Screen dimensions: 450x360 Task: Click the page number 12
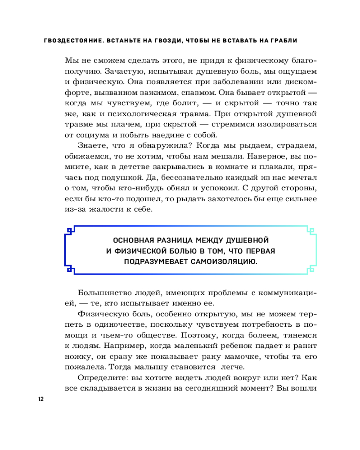(41, 399)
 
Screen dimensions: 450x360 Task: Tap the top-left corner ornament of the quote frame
(70, 231)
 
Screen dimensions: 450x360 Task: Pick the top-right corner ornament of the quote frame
(311, 231)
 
